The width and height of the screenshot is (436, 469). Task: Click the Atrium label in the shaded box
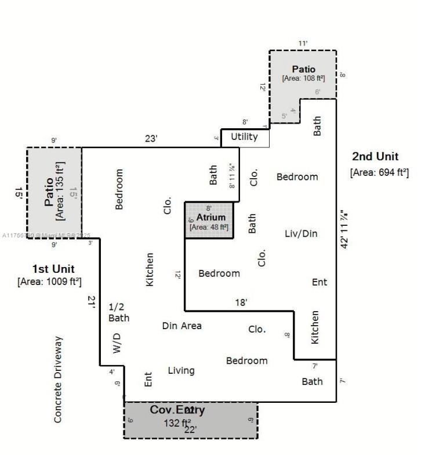210,217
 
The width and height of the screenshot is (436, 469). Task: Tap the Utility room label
244,137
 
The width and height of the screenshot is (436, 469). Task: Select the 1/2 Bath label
119,312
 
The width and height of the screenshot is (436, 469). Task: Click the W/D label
117,343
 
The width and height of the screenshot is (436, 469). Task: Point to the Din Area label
182,326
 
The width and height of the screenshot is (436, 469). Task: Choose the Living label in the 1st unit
181,370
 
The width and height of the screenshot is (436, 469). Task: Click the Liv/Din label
301,233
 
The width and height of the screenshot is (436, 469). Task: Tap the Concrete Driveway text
58,379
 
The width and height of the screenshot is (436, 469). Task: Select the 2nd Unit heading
375,157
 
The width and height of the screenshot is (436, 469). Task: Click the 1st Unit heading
53,269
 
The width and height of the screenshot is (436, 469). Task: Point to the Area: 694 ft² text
379,172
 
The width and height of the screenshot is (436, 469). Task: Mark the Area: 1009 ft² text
49,282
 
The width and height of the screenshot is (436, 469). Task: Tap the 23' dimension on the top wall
152,139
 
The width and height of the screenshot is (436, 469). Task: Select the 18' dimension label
241,302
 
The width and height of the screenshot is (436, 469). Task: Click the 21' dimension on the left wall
91,302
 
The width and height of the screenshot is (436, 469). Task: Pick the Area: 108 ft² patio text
303,78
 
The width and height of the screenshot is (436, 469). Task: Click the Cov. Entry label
177,410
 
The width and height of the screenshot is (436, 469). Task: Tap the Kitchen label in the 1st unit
150,269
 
